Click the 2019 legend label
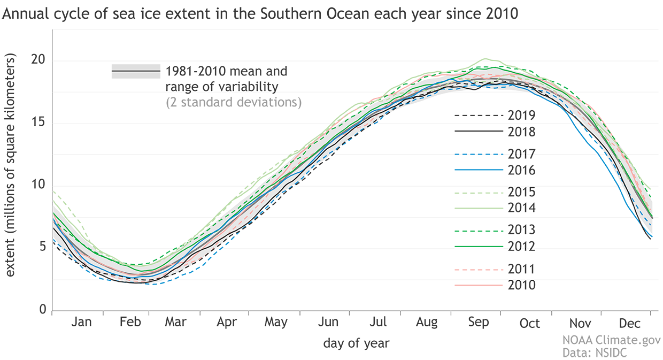click(522, 116)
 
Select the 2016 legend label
click(522, 170)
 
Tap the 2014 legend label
click(522, 208)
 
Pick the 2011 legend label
click(522, 269)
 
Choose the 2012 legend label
click(522, 247)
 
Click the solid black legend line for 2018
click(479, 132)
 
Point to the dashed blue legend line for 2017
click(479, 154)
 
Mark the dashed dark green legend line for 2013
click(479, 231)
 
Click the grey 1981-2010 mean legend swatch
click(136, 71)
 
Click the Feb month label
click(130, 323)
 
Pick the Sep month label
click(478, 323)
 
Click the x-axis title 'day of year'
click(356, 343)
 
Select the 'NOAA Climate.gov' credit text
click(611, 340)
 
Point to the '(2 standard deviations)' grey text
click(234, 102)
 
